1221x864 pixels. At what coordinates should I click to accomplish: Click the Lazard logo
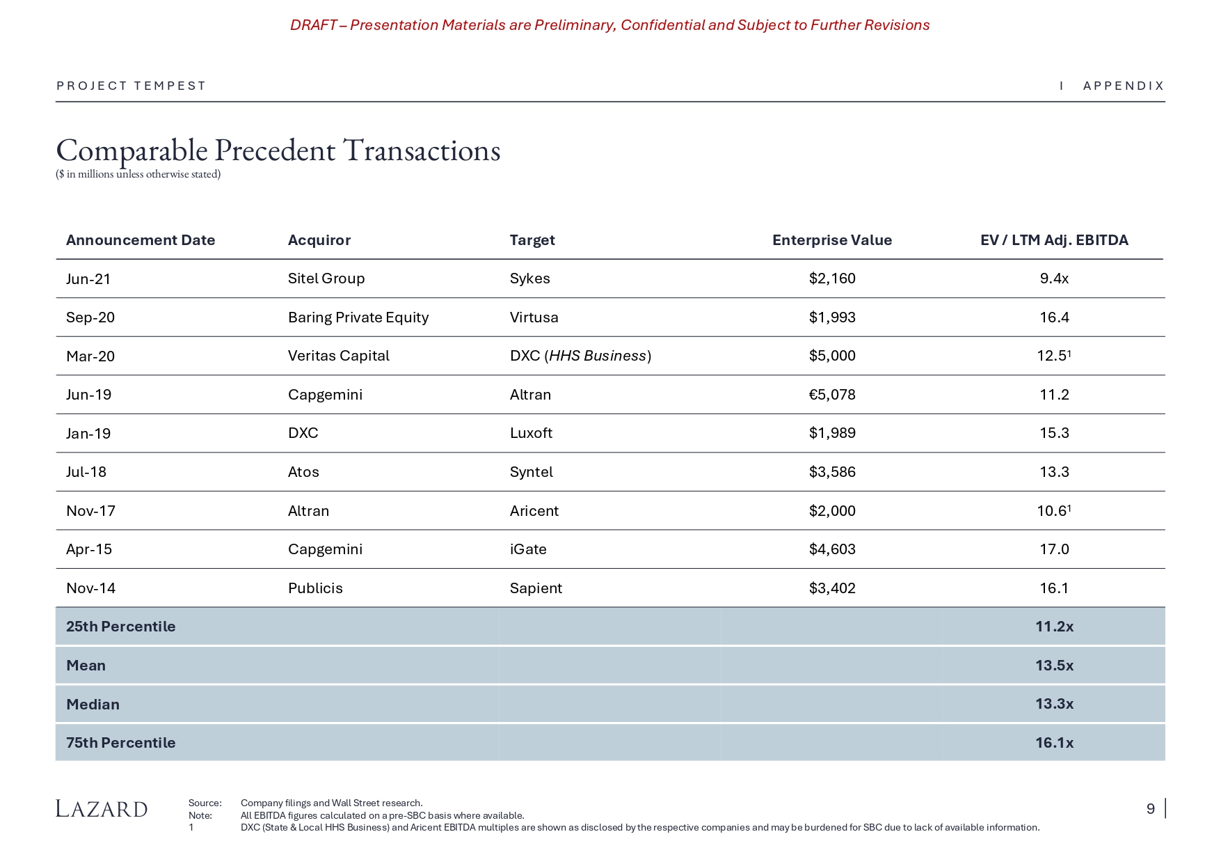(102, 809)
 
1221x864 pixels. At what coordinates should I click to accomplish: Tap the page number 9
(1150, 809)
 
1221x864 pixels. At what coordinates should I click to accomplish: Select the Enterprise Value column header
(831, 240)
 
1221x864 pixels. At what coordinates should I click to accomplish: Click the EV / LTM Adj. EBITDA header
(1053, 240)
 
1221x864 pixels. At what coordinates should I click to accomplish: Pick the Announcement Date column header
(141, 240)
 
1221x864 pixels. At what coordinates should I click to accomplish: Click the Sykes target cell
(529, 278)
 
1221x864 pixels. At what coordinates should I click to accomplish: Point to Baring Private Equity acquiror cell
(358, 317)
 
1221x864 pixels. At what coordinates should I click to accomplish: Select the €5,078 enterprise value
(831, 395)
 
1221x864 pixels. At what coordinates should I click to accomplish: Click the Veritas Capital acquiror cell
(338, 356)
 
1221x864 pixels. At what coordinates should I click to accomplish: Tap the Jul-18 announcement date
(86, 472)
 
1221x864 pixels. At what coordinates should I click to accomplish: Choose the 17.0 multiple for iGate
(1053, 549)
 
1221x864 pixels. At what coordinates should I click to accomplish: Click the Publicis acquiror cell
(315, 588)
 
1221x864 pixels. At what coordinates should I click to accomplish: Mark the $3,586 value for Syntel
(831, 472)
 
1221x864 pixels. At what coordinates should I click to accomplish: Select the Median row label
(93, 705)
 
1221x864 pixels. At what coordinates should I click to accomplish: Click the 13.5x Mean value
(1053, 666)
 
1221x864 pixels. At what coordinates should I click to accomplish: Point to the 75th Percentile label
(120, 743)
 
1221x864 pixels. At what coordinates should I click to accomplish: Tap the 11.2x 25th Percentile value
(1053, 627)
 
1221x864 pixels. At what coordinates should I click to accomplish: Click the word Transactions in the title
(422, 150)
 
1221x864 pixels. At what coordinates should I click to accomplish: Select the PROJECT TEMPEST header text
(131, 86)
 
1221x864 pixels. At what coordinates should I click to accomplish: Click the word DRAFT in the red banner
(313, 25)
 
